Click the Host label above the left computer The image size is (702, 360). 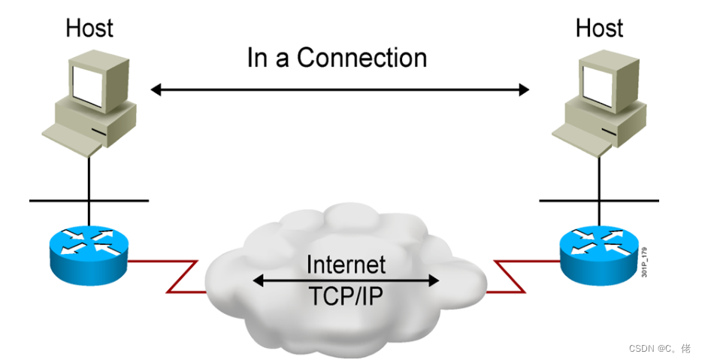click(x=89, y=28)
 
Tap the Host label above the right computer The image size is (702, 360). click(x=599, y=28)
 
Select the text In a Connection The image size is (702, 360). click(x=337, y=58)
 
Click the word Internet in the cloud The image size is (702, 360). click(x=346, y=264)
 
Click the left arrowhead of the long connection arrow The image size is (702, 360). click(x=156, y=90)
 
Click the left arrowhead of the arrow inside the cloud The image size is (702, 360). click(x=258, y=280)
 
